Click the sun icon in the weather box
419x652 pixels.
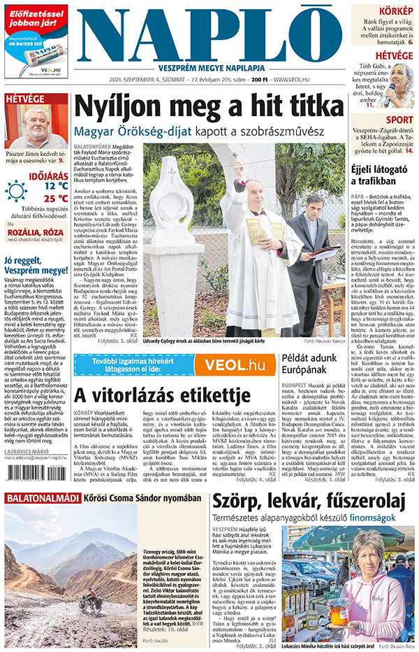16,191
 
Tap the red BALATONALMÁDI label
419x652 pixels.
41,518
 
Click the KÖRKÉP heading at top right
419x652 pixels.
395,11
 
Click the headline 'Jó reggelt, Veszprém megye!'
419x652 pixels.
35,270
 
